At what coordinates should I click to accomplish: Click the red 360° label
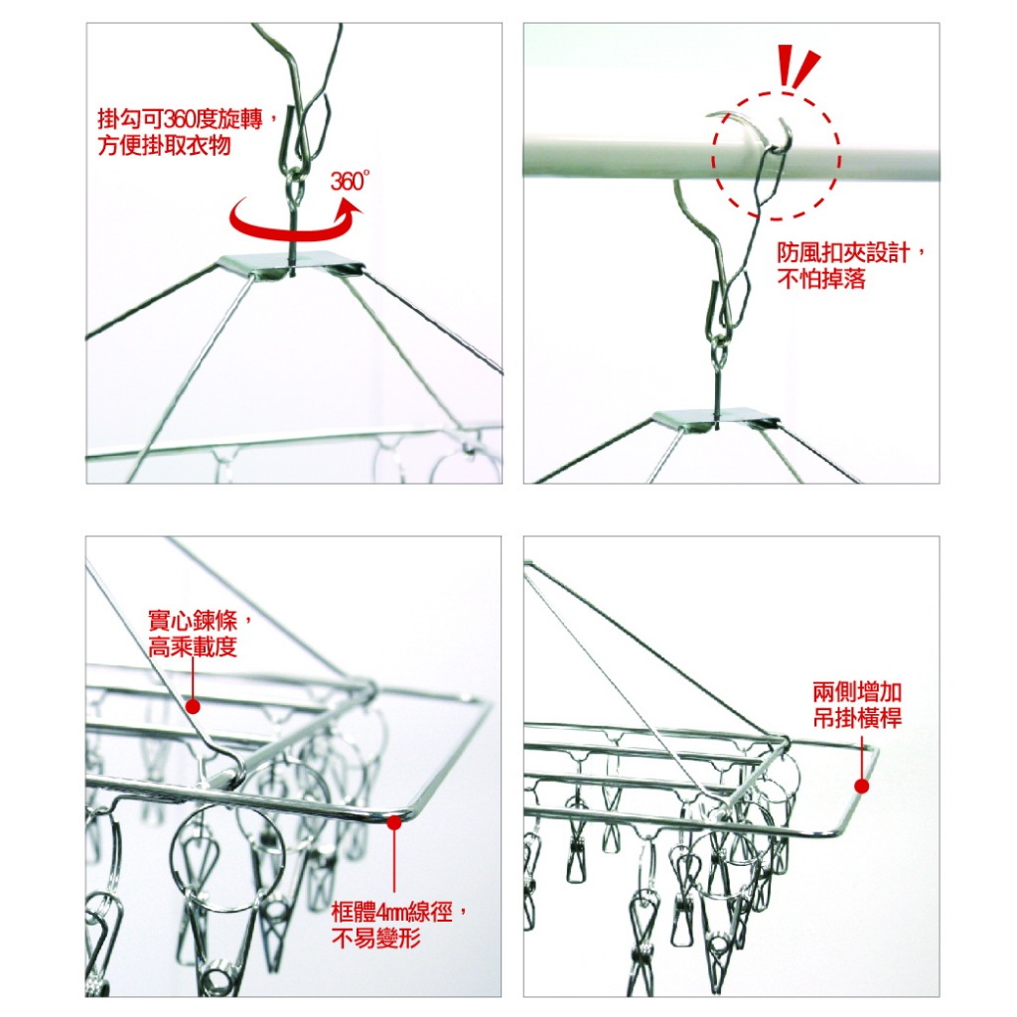[350, 181]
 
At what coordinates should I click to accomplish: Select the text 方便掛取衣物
[164, 145]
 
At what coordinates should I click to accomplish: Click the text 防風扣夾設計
[843, 252]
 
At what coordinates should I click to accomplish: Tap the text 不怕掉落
[821, 279]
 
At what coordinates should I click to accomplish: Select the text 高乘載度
[193, 647]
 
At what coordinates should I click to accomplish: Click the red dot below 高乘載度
[193, 706]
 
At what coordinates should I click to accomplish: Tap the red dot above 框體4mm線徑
[393, 822]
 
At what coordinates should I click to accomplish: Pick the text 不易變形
[375, 938]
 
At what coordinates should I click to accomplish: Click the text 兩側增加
[857, 692]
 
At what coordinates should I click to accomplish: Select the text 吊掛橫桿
[857, 718]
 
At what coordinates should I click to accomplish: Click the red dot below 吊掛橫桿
[861, 787]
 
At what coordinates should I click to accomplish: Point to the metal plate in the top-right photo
[715, 420]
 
